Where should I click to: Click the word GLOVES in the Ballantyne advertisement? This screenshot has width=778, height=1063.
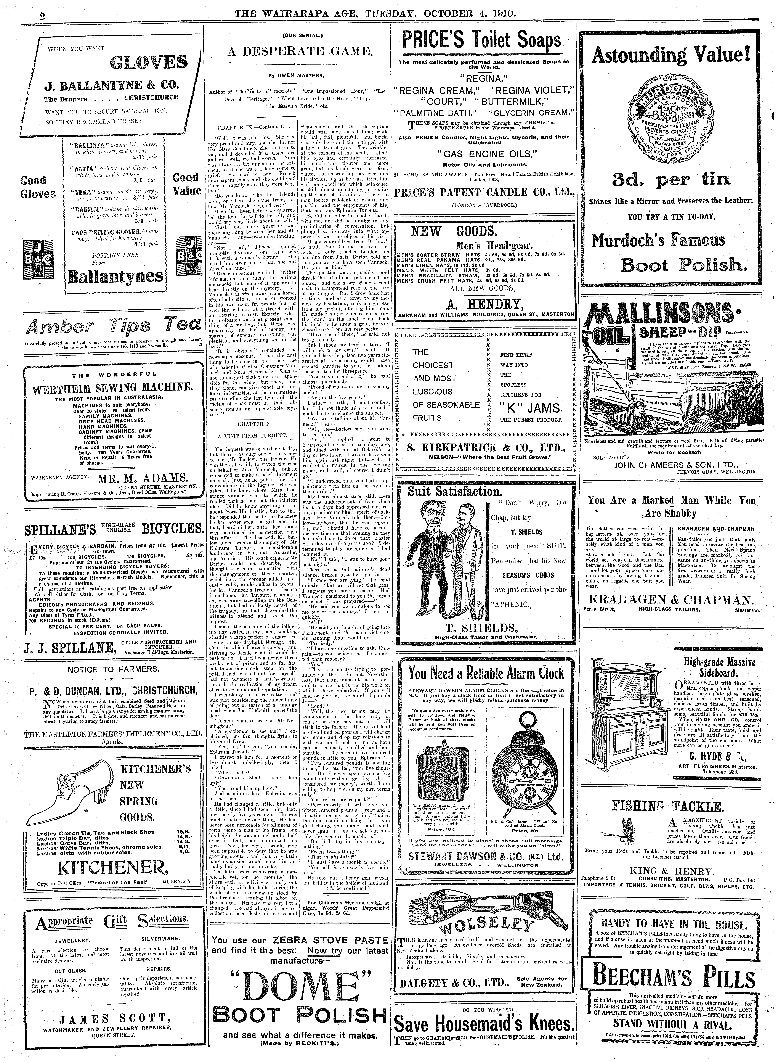148,63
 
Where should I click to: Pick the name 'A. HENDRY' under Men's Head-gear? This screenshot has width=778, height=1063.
486,303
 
